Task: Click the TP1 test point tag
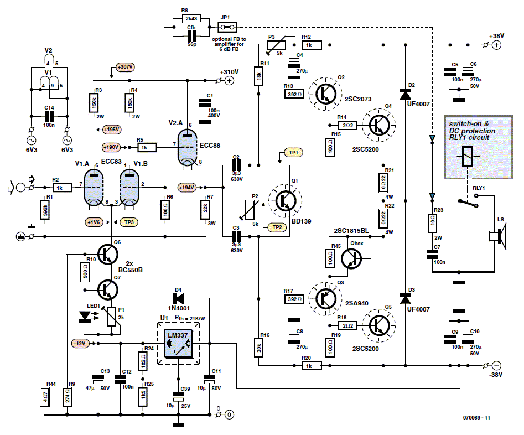[292, 152]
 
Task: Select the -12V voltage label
[80, 343]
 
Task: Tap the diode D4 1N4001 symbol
[178, 299]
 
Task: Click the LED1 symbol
[85, 317]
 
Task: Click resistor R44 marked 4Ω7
[46, 396]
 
